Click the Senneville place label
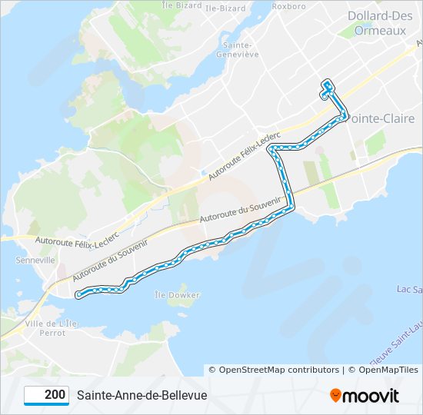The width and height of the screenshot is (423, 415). (35, 261)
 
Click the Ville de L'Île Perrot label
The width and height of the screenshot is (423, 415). (51, 328)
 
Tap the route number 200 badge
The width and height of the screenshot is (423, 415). (47, 395)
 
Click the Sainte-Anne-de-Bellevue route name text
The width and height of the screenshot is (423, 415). (142, 395)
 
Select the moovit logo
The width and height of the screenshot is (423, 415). (364, 395)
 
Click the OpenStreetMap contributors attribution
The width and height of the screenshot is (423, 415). (274, 370)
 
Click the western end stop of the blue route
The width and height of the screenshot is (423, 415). (78, 294)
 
